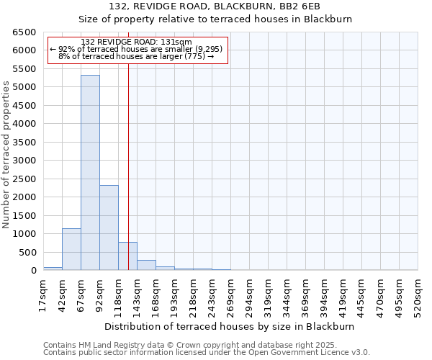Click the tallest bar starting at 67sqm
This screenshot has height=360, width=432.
90,173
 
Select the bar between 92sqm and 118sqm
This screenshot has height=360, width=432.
109,228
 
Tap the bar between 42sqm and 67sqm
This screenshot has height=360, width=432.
71,249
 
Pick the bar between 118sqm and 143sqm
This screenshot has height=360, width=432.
127,256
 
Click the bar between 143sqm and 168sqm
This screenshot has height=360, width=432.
146,265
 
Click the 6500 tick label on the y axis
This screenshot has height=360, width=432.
23,32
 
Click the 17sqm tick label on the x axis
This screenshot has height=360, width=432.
43,294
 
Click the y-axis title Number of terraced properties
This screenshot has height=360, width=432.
6,155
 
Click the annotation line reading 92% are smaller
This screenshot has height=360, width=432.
136,49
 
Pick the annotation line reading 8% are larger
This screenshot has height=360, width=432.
136,56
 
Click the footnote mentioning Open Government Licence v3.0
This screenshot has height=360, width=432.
207,352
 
